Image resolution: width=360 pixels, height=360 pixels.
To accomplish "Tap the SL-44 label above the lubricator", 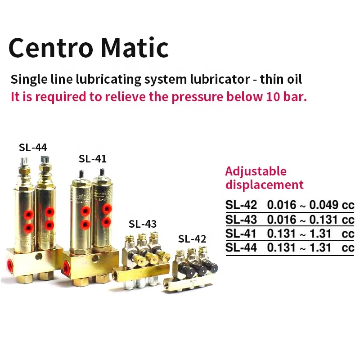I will pos(32,147).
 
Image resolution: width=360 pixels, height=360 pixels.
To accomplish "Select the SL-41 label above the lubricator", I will pos(92,159).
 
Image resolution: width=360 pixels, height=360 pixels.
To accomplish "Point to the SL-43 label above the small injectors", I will pos(143,224).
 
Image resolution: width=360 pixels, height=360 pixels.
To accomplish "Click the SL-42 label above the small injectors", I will pos(192,238).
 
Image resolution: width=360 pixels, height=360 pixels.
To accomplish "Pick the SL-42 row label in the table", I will pos(241,206).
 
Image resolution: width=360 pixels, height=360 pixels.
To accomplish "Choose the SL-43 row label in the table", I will pos(241,220).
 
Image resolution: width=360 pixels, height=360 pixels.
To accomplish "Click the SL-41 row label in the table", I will pos(241,234).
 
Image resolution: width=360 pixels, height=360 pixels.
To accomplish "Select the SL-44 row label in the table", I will pos(241,248).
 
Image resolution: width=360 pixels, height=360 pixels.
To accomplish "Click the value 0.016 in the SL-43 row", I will pos(282,220).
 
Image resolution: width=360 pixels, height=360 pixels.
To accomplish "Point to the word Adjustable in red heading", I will pos(256,171).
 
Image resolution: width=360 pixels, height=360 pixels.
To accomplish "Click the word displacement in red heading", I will pos(264,184).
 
